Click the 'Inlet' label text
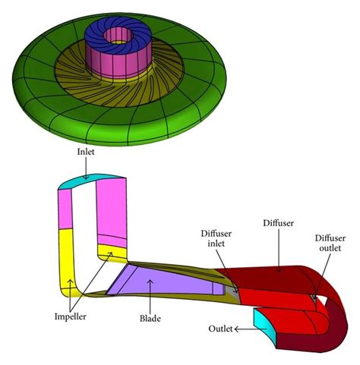point(86,151)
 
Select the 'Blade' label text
point(150,311)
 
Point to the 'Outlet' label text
point(220,329)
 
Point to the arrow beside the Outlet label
point(242,329)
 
